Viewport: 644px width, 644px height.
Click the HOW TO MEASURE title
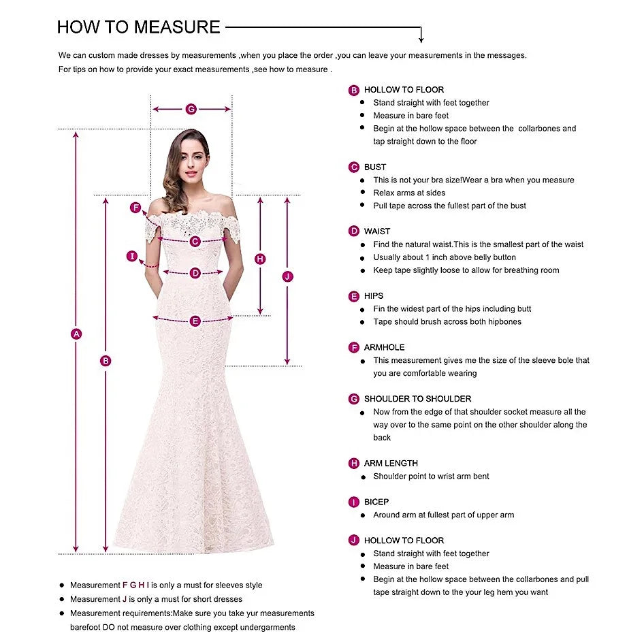pyautogui.click(x=139, y=27)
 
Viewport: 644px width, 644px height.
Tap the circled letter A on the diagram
pyautogui.click(x=76, y=334)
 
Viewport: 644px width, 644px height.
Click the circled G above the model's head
pyautogui.click(x=191, y=109)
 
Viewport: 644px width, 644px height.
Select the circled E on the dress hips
pyautogui.click(x=195, y=321)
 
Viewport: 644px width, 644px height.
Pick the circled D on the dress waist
pyautogui.click(x=195, y=273)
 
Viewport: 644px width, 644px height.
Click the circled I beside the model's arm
pyautogui.click(x=133, y=256)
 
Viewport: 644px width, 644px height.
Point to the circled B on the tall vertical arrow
pyautogui.click(x=106, y=361)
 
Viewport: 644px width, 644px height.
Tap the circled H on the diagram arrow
pyautogui.click(x=260, y=259)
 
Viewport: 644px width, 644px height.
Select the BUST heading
pyautogui.click(x=375, y=167)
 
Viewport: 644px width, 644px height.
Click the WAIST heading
pyautogui.click(x=377, y=231)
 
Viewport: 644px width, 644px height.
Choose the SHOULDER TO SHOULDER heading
pyautogui.click(x=417, y=399)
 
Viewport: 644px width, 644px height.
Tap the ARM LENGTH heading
pyautogui.click(x=391, y=464)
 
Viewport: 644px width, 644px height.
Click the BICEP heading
pyautogui.click(x=376, y=502)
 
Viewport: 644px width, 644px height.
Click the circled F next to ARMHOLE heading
pyautogui.click(x=354, y=348)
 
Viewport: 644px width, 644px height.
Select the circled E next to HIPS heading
pyautogui.click(x=354, y=296)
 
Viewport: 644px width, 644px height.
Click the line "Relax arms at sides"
pyautogui.click(x=409, y=193)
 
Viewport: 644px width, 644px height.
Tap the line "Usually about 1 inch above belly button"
pyautogui.click(x=445, y=257)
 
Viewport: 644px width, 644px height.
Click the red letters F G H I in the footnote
pyautogui.click(x=135, y=585)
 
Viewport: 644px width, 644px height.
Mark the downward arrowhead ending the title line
pyautogui.click(x=421, y=39)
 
